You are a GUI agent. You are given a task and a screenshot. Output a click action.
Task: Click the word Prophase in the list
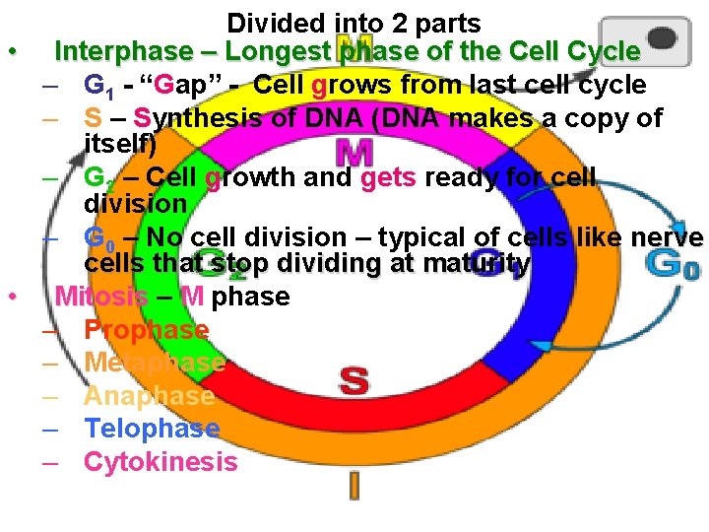coord(146,330)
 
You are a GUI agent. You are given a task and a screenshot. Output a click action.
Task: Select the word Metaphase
coord(155,363)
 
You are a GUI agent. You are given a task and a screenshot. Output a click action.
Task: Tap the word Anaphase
coord(149,396)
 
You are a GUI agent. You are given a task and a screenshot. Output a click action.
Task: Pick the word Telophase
coord(152,429)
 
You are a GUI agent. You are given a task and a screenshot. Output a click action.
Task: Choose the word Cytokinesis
coord(161,462)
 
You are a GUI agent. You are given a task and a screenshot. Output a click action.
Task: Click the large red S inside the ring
coord(354,379)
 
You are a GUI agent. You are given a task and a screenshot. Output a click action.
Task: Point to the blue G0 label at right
coord(675,265)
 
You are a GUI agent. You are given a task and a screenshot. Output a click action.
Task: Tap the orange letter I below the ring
coord(354,485)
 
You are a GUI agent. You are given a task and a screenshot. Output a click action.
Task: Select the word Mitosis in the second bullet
coord(101,297)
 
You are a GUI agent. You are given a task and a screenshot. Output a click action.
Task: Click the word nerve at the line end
coord(668,237)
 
